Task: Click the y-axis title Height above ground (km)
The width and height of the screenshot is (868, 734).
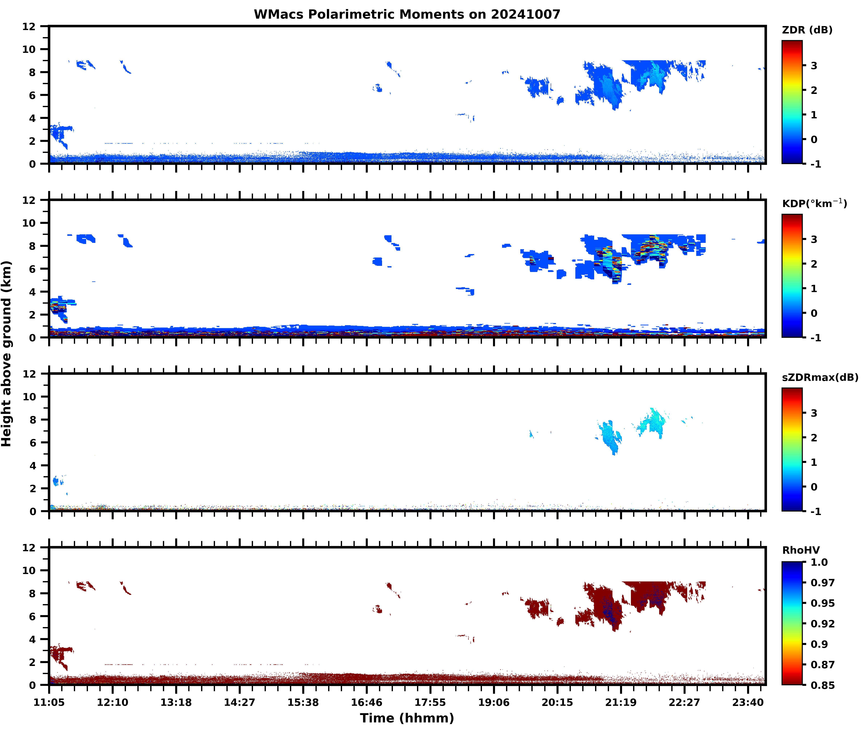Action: pyautogui.click(x=7, y=354)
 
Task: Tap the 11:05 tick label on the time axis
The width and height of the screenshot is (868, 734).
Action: pyautogui.click(x=49, y=702)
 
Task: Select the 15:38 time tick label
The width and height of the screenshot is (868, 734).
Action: pyautogui.click(x=303, y=702)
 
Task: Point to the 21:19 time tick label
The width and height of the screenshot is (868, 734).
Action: pyautogui.click(x=621, y=702)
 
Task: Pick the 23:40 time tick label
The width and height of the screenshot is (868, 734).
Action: pyautogui.click(x=748, y=702)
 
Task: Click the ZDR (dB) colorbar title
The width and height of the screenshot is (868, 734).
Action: pyautogui.click(x=807, y=30)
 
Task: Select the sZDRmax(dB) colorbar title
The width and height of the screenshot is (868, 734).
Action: pyautogui.click(x=820, y=377)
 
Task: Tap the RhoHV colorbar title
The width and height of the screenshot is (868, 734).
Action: pyautogui.click(x=801, y=550)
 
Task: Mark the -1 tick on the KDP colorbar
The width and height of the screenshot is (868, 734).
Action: pyautogui.click(x=816, y=338)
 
